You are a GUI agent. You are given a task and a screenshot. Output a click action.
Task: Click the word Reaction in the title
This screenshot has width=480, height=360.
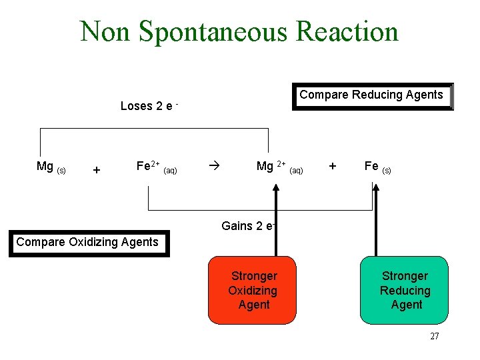tap(347, 31)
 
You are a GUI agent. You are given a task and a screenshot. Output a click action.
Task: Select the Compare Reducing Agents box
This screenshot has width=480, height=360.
tap(372, 95)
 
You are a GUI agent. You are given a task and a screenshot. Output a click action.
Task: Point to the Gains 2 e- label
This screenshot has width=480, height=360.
tap(249, 226)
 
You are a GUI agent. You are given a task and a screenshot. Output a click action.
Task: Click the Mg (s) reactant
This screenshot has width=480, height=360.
tap(51, 167)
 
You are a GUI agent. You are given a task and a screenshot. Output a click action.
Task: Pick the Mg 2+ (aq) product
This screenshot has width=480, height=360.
tap(279, 167)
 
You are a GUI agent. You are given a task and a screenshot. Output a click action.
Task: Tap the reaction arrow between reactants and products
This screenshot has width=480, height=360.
tap(213, 164)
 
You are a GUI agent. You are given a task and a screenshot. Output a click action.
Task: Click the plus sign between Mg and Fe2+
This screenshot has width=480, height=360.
tap(97, 170)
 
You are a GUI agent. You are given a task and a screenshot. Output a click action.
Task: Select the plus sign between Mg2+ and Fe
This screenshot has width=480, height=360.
tap(333, 165)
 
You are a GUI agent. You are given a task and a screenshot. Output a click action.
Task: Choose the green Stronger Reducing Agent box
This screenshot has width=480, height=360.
tap(405, 290)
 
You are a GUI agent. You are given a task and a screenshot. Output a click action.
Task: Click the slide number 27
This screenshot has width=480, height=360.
tap(434, 337)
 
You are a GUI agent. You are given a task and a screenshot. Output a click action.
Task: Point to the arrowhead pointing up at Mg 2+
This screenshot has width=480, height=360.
tap(273, 188)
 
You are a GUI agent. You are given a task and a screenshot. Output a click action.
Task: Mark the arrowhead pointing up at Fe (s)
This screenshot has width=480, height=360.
tap(375, 188)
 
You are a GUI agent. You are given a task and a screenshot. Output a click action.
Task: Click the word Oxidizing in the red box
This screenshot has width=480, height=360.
tap(253, 291)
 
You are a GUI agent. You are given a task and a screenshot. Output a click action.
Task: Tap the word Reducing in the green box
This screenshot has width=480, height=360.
tap(405, 291)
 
